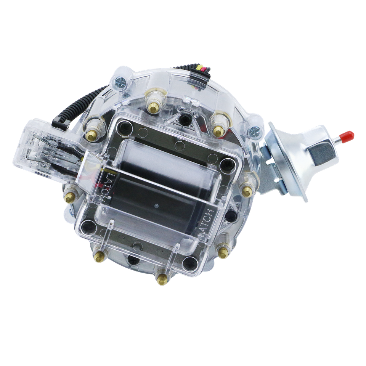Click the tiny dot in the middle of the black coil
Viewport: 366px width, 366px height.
point(156,206)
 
